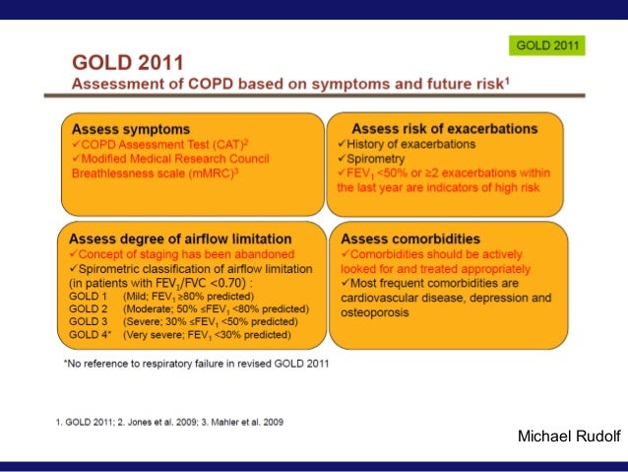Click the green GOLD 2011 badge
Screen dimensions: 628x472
[x=546, y=45]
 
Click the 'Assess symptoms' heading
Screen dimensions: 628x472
[x=131, y=129]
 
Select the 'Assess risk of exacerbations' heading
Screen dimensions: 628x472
[x=445, y=129]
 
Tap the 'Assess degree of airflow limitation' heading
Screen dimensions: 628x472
[x=180, y=239]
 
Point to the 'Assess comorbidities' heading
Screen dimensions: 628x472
[x=410, y=239]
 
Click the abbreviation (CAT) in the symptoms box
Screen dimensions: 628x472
[x=228, y=145]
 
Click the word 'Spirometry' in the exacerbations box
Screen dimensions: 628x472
[x=376, y=159]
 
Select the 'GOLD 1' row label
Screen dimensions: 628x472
[x=89, y=297]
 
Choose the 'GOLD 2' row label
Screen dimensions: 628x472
[x=89, y=309]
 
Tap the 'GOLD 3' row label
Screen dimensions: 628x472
[x=89, y=321]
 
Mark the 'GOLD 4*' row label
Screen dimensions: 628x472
[x=91, y=334]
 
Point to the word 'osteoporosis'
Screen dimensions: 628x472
[x=375, y=312]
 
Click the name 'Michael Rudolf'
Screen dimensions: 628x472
[x=569, y=436]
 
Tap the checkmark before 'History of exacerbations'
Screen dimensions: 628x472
[x=342, y=144]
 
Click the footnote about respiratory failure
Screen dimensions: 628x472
[x=196, y=364]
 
